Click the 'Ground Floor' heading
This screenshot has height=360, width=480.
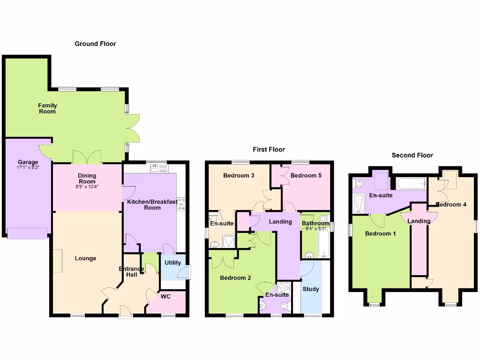point(95,44)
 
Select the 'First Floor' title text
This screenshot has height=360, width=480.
point(269,150)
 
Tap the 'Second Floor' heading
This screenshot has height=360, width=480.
point(412,155)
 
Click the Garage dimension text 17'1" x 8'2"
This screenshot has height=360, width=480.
point(28,167)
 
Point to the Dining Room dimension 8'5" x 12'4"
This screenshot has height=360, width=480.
point(87,187)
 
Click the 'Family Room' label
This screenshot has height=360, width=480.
point(47,108)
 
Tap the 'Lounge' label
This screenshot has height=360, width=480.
point(85,258)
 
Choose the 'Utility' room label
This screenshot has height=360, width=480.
point(172,263)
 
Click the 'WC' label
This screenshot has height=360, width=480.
point(165,296)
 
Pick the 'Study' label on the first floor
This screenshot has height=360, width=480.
point(310,289)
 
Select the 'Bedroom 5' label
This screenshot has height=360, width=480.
point(306,176)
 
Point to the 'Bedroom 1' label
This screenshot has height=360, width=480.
point(381,233)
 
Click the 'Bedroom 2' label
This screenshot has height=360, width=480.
point(235,277)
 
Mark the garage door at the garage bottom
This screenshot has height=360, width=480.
point(27,233)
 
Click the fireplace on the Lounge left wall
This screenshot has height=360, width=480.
point(57,261)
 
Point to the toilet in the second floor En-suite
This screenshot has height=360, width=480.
point(359,183)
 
